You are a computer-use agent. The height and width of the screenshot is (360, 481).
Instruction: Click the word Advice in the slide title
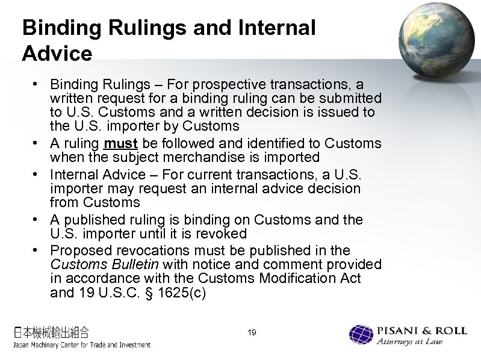pyautogui.click(x=57, y=54)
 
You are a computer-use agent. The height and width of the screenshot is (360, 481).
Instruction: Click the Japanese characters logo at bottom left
pyautogui.click(x=51, y=331)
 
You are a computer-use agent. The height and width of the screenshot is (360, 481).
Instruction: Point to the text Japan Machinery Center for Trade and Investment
pyautogui.click(x=81, y=345)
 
